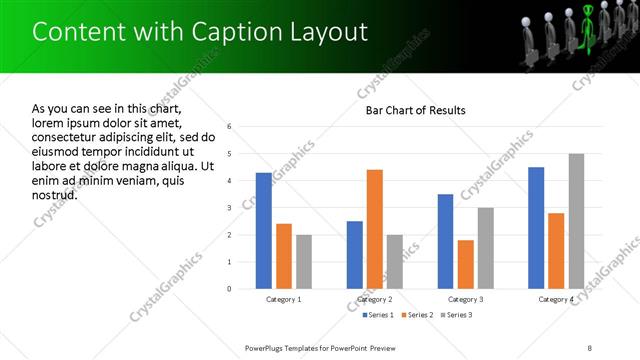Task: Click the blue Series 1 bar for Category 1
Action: pos(263,231)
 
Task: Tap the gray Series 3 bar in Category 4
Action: pos(577,221)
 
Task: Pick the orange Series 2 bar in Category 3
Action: pos(465,264)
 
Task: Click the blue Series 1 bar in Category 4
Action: pos(536,228)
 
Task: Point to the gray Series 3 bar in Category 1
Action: pos(303,262)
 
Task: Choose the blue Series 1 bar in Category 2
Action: pos(355,255)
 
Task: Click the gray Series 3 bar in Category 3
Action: pos(486,248)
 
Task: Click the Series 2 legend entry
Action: pos(418,315)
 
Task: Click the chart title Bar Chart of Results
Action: pos(414,110)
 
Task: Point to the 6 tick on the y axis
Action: pos(230,127)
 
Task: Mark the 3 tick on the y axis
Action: pos(230,208)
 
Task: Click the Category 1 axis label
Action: pos(284,299)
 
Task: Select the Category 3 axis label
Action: pos(466,299)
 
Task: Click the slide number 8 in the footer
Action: pos(590,347)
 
